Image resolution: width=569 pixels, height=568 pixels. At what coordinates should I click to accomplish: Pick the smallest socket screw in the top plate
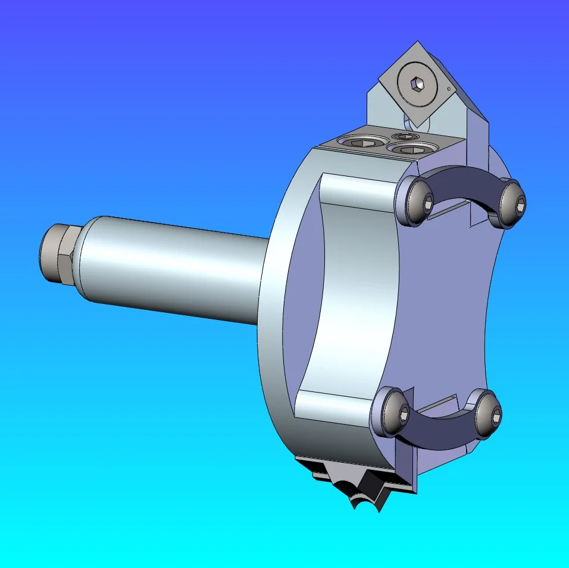pyautogui.click(x=407, y=136)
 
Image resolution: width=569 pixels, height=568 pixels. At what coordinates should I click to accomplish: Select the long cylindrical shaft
pyautogui.click(x=173, y=271)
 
